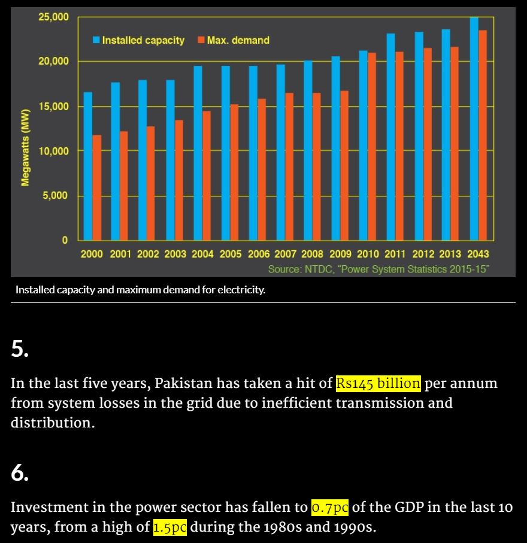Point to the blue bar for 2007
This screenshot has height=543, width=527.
tap(280, 152)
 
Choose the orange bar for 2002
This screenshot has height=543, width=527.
tap(151, 183)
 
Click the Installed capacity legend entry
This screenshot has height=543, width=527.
tap(143, 40)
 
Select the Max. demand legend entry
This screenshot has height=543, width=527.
tap(237, 40)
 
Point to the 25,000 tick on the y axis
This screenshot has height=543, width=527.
tap(54, 17)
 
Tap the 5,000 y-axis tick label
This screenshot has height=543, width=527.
tap(56, 196)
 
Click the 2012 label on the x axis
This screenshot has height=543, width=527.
tap(423, 254)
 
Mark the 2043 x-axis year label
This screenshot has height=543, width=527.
tap(478, 254)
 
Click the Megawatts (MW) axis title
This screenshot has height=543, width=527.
tap(25, 148)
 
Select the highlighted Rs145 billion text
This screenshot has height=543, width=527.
tap(378, 383)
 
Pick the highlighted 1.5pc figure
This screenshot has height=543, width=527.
tap(171, 527)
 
